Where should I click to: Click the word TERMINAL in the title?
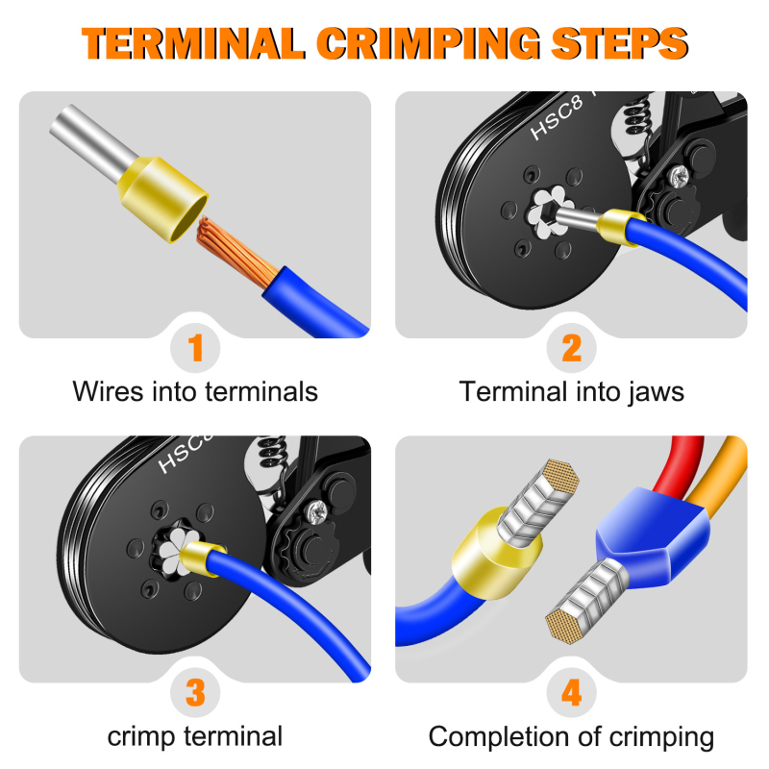pos(194,43)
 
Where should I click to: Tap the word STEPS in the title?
pos(620,43)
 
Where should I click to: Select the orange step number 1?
pos(196,348)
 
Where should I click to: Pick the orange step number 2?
pos(572,348)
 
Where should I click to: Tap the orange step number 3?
pos(196,692)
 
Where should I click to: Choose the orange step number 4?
pos(572,692)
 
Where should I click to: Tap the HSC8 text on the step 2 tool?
pos(558,117)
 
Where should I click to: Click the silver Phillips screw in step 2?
pos(681,176)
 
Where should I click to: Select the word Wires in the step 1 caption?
pos(109,391)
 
